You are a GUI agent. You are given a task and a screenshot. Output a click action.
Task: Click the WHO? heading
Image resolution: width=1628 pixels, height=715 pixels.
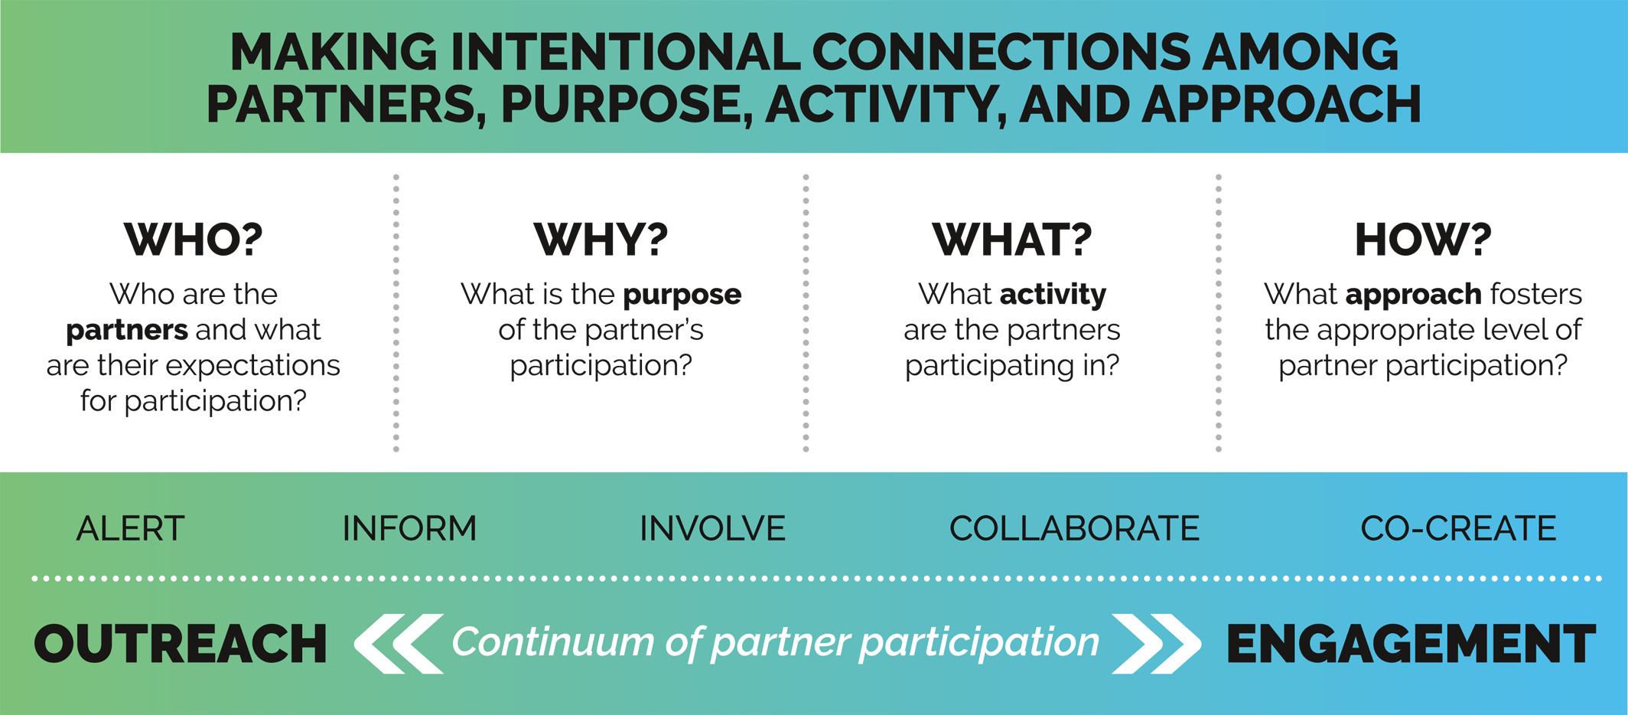click(x=194, y=240)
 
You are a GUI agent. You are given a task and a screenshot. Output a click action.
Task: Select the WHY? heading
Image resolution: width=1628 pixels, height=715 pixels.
click(x=601, y=240)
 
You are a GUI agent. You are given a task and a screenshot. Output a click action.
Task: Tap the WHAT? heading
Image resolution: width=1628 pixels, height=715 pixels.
click(x=1012, y=240)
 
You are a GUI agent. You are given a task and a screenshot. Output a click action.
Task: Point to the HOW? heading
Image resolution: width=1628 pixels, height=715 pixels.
click(x=1423, y=240)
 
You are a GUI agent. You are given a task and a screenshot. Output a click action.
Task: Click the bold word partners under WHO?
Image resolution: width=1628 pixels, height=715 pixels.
click(x=127, y=331)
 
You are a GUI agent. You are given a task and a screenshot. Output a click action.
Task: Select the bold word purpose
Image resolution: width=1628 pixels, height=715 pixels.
click(x=682, y=295)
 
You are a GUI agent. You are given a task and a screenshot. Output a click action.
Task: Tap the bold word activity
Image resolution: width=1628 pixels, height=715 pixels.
click(x=1053, y=295)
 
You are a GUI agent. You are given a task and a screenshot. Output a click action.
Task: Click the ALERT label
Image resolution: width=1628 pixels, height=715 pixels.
click(x=131, y=528)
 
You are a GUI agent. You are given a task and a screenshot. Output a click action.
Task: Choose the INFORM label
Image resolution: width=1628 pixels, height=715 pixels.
click(x=409, y=528)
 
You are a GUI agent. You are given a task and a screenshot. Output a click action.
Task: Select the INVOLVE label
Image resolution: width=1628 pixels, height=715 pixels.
click(x=712, y=528)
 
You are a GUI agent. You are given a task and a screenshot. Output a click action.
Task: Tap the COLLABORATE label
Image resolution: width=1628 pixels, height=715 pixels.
click(x=1074, y=528)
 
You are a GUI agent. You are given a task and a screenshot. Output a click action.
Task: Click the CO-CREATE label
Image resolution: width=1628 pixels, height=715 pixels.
click(x=1458, y=528)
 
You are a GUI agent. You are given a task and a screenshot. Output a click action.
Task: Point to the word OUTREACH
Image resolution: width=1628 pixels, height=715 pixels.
click(x=181, y=644)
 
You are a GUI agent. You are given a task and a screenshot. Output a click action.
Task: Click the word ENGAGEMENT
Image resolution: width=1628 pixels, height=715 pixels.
click(x=1411, y=644)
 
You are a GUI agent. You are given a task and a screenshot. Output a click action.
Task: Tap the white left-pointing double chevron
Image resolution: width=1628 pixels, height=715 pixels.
click(x=399, y=643)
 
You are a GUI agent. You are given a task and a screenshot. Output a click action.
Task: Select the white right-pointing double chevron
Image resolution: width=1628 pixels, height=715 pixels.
click(x=1155, y=643)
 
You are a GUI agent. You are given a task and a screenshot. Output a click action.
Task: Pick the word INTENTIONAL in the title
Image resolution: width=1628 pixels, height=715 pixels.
click(x=624, y=53)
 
